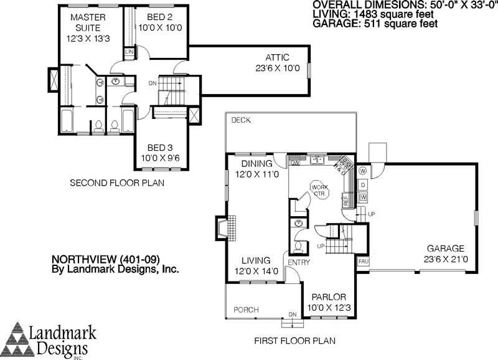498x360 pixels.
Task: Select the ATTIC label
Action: [x=277, y=57]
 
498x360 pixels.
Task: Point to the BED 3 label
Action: [x=161, y=148]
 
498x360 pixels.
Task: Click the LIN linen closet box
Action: [x=129, y=52]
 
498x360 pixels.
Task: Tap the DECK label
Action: [x=241, y=120]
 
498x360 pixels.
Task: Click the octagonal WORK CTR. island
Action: [x=319, y=191]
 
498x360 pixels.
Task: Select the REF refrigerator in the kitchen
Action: [x=346, y=200]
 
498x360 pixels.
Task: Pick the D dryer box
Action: [x=363, y=185]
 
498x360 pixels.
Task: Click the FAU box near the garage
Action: [x=364, y=262]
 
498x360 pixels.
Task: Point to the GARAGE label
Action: [x=446, y=249]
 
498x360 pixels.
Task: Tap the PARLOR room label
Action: [x=329, y=298]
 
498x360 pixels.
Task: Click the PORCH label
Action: [x=246, y=310]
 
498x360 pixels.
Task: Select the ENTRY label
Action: [x=299, y=262]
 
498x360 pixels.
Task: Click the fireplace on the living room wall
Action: [x=226, y=228]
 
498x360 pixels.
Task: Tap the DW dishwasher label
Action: [x=294, y=163]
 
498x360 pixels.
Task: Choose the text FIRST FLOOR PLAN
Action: [x=294, y=341]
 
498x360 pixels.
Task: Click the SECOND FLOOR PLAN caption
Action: [x=117, y=183]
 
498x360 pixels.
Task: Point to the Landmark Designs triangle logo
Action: [x=18, y=339]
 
